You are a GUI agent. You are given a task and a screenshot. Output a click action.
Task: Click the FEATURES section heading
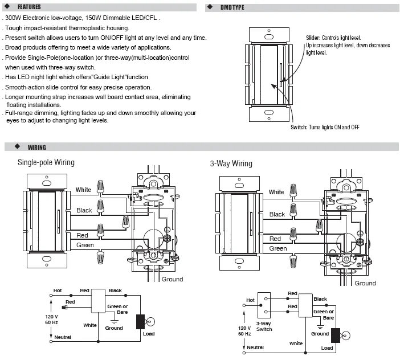tap(29, 7)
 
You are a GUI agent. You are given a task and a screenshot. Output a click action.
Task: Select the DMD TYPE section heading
tap(232, 7)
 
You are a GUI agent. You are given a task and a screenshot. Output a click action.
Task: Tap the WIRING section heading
tap(36, 148)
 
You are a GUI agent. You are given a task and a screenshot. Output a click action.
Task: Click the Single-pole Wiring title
tap(46, 162)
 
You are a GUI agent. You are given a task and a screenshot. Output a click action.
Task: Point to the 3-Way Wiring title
tap(231, 163)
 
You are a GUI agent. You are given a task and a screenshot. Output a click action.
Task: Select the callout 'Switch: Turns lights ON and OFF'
tap(325, 127)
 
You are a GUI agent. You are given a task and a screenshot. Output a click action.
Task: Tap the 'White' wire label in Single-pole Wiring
tap(83, 190)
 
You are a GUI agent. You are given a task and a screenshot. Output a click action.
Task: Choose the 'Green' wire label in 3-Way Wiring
tap(278, 248)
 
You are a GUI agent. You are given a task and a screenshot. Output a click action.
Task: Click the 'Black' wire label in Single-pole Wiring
tap(84, 210)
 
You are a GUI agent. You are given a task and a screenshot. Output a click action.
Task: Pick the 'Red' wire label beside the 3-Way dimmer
tap(275, 239)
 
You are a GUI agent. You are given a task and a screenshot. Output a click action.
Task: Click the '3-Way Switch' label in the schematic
tap(264, 326)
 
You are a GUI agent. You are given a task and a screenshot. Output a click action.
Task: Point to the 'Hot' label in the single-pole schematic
tap(58, 291)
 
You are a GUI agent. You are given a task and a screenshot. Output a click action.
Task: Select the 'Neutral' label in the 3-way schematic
tap(255, 347)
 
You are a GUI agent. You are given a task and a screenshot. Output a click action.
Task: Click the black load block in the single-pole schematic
tap(140, 322)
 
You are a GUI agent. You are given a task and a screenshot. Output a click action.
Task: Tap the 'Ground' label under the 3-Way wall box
tap(365, 283)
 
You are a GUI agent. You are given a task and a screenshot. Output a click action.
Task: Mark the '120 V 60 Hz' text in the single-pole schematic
tap(51, 320)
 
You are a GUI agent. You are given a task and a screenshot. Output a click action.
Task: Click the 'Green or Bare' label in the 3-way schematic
tap(324, 314)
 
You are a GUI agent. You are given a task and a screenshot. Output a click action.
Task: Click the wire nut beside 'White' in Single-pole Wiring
tap(100, 187)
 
